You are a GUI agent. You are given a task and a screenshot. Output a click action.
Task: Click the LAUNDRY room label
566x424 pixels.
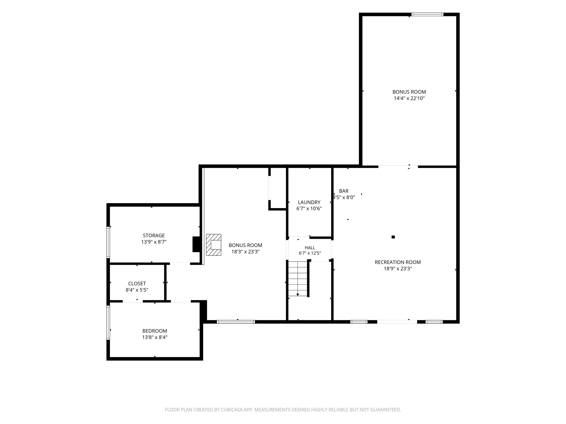coord(309,202)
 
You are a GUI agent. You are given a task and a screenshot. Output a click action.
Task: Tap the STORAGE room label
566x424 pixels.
coord(154,235)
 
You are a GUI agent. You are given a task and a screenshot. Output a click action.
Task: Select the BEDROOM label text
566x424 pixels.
coord(155,331)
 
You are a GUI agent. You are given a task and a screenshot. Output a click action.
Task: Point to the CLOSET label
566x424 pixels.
coord(137,283)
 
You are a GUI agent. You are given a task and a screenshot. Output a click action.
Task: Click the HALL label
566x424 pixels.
coord(310,248)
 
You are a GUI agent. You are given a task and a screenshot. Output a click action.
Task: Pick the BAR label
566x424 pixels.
coord(344,191)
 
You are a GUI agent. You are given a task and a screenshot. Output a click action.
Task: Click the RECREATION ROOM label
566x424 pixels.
coord(398,262)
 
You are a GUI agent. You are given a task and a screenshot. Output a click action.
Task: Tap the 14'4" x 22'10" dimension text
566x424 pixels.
coord(409,98)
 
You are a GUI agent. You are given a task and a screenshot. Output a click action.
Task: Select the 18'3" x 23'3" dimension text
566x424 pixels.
coord(245,252)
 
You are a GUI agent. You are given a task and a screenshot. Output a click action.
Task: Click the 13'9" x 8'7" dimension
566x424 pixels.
coord(154,242)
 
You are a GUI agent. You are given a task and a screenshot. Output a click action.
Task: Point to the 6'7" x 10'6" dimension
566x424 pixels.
coord(309,209)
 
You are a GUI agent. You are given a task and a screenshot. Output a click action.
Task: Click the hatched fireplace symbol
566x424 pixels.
coord(214,245)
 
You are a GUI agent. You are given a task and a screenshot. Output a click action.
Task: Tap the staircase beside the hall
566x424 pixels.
coord(298,279)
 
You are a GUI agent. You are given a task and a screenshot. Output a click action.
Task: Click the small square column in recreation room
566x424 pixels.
coord(393,237)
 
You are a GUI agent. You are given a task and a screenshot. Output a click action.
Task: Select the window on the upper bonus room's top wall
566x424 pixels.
coord(427,14)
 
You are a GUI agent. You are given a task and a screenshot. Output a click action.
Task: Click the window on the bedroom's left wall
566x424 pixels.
coord(108,322)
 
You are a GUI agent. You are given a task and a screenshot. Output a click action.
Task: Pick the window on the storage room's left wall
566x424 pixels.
coord(108,242)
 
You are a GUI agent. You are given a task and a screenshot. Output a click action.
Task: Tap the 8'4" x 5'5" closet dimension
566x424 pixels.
coord(137,290)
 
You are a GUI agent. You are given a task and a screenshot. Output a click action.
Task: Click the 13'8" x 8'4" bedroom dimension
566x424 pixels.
coord(155,337)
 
